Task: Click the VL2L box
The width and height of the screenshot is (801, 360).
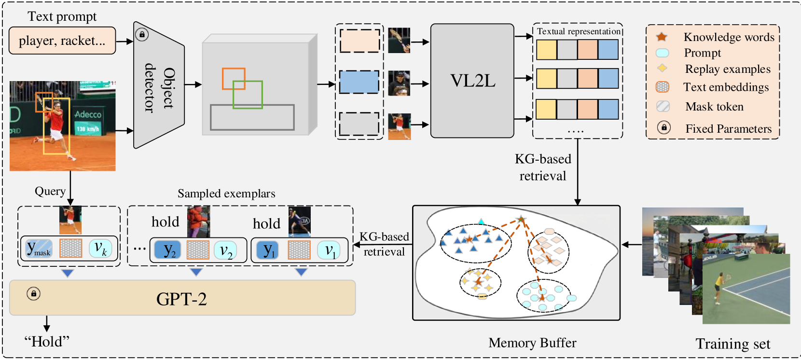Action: (472, 81)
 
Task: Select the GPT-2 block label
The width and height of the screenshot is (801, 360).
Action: (181, 299)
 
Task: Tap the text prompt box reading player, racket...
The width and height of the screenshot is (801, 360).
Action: (62, 41)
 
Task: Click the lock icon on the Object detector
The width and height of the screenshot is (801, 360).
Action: (142, 34)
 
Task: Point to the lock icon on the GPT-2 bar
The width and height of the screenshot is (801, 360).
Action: (34, 293)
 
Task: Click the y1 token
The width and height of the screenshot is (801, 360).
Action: (268, 250)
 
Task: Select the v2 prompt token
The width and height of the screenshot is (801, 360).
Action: (225, 250)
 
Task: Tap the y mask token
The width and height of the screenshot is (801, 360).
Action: (39, 248)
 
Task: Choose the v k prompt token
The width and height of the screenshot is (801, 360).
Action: (100, 248)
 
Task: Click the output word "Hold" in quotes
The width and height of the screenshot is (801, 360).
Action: (46, 341)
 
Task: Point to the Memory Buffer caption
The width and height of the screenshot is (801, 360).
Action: (532, 343)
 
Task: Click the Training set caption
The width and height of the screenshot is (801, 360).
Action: (732, 344)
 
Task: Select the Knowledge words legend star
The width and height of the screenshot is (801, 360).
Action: (662, 37)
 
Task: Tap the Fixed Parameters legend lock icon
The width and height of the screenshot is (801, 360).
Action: (663, 127)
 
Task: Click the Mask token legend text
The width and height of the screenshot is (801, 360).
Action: (715, 107)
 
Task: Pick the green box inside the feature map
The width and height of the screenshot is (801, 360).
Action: (248, 95)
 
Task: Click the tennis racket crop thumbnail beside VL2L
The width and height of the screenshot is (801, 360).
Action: (399, 41)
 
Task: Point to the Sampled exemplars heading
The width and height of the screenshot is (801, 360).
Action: (226, 194)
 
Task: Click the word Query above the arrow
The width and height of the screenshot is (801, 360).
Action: (50, 191)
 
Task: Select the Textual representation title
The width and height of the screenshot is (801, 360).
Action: (579, 31)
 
